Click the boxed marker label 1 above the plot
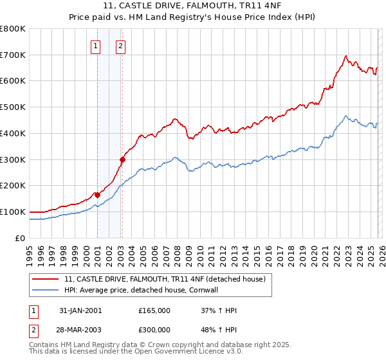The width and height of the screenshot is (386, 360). [x=95, y=46]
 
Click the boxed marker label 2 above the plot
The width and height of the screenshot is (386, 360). [x=120, y=46]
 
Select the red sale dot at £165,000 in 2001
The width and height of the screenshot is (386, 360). [x=97, y=195]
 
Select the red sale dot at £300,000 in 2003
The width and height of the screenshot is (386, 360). [x=122, y=159]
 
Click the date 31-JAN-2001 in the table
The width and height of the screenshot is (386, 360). [x=80, y=310]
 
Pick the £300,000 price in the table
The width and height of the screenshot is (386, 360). [x=154, y=330]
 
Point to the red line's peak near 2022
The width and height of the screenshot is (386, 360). [x=346, y=56]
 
